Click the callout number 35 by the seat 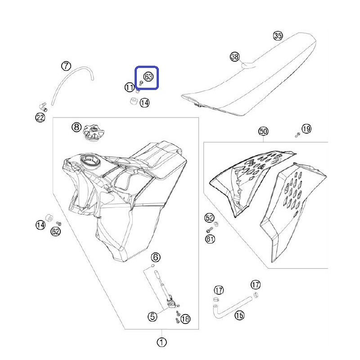tap(278, 36)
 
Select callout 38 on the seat tap(234, 57)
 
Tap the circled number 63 tap(148, 76)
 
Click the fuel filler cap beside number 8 tap(94, 133)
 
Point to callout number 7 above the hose tap(66, 66)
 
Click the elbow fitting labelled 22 tap(43, 107)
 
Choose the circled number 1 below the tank tap(162, 342)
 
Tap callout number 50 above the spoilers tap(263, 131)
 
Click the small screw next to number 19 tap(297, 135)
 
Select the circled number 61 tap(210, 239)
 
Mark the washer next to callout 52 tap(216, 224)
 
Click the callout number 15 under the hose tap(239, 315)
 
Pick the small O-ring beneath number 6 tap(153, 266)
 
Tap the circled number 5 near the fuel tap tap(153, 317)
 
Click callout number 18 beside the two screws tap(185, 319)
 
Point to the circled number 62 tap(55, 231)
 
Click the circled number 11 tap(130, 87)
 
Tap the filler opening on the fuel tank tap(90, 161)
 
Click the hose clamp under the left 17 tap(216, 299)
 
